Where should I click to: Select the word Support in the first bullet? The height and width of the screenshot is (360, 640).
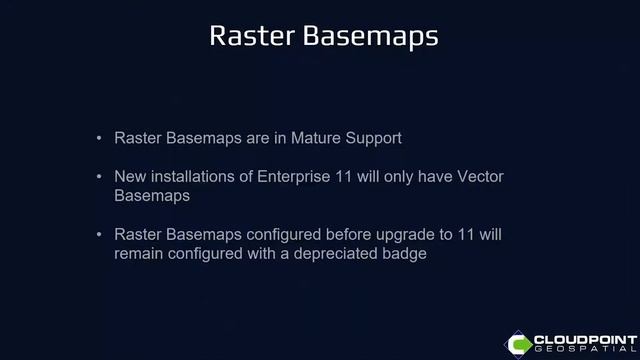[x=371, y=137]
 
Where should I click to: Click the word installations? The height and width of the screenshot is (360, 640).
[x=192, y=177]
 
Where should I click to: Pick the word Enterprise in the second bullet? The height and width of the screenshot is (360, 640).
[x=292, y=177]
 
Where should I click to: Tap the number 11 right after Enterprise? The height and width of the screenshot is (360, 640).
[x=343, y=177]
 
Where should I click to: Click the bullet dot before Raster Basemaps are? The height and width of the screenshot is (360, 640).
[x=98, y=137]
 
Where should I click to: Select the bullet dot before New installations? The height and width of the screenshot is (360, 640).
[x=98, y=177]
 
